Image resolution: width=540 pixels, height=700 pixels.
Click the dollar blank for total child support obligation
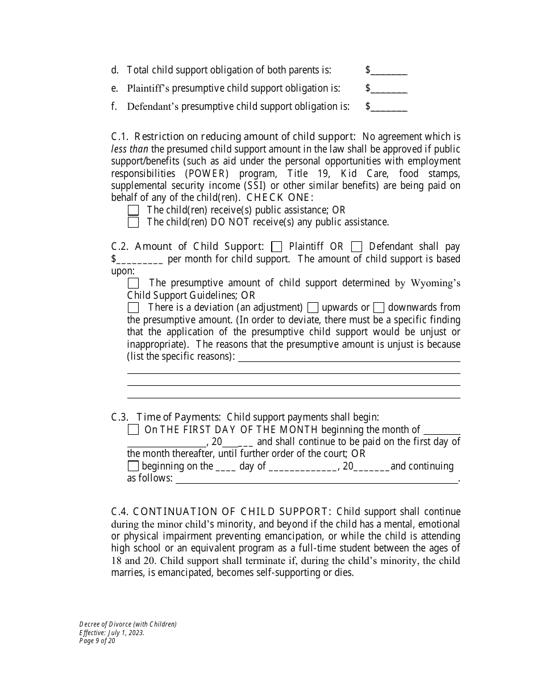[x=389, y=71]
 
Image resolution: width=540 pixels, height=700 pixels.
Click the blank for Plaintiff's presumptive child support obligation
[x=389, y=89]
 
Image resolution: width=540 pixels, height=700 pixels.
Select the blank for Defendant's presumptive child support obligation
[x=389, y=107]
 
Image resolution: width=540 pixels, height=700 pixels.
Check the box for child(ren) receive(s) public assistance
[x=133, y=211]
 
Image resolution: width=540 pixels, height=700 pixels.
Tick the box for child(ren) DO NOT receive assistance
[x=133, y=223]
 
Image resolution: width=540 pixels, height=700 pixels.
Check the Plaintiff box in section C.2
[x=277, y=247]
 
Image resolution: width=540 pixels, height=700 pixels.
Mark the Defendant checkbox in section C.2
[x=356, y=247]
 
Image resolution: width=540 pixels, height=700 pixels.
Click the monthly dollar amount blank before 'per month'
[x=140, y=260]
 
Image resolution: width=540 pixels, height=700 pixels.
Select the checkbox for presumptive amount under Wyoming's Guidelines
[x=133, y=283]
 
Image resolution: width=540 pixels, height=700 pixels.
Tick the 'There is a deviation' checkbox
[x=133, y=308]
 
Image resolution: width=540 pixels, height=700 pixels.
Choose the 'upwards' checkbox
[x=313, y=308]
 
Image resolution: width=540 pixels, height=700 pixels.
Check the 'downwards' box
[x=379, y=308]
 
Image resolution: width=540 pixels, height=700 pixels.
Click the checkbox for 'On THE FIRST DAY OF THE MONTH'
[x=133, y=430]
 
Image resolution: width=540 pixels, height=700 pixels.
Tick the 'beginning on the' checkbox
[x=133, y=466]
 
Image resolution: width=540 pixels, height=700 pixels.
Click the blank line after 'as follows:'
[x=316, y=479]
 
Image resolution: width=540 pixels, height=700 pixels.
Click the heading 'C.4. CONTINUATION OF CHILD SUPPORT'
[x=221, y=512]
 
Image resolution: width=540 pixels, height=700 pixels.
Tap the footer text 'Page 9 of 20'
[x=97, y=640]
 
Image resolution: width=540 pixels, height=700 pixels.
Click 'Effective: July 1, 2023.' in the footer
[x=112, y=632]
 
